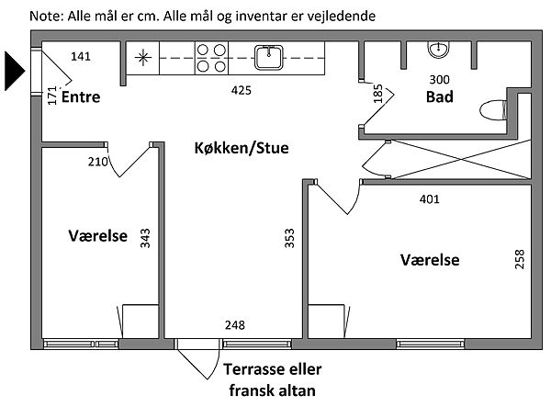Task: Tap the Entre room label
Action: (81, 97)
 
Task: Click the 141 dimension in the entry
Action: (82, 58)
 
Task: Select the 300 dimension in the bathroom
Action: (441, 79)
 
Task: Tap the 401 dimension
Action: (429, 198)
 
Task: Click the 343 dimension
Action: (145, 240)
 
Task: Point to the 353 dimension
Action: (290, 240)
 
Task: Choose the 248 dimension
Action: (235, 324)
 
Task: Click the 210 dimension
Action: (98, 163)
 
